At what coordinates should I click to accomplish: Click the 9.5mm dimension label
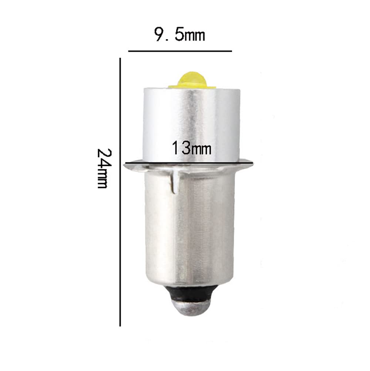pyautogui.click(x=179, y=34)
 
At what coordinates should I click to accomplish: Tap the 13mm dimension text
pyautogui.click(x=191, y=148)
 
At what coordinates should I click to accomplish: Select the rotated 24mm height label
pyautogui.click(x=104, y=168)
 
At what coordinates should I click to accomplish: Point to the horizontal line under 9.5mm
pyautogui.click(x=180, y=51)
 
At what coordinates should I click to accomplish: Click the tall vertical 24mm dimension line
pyautogui.click(x=120, y=192)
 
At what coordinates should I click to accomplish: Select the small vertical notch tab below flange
pyautogui.click(x=175, y=182)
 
